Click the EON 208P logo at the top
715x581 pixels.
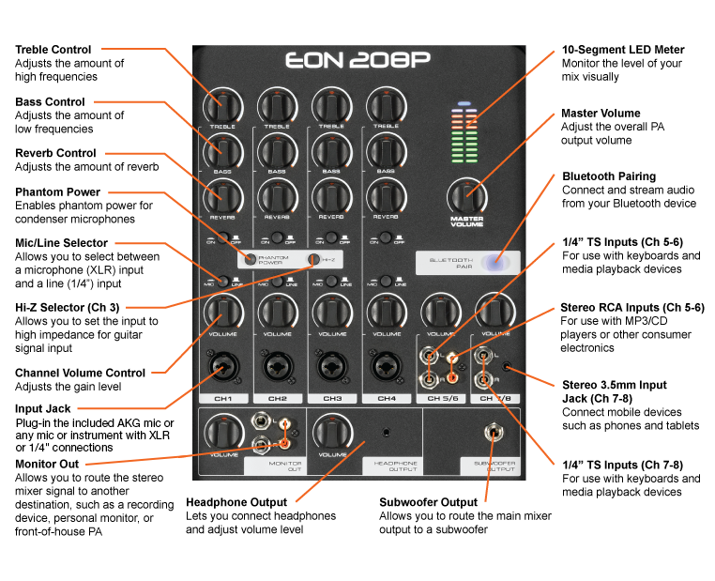click(357, 61)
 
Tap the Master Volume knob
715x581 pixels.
click(466, 196)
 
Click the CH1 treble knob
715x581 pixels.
click(222, 104)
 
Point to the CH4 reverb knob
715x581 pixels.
click(385, 195)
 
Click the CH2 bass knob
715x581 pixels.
click(277, 150)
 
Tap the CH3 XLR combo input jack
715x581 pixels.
click(331, 365)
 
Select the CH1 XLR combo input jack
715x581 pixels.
click(222, 365)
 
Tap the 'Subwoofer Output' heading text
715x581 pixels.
click(428, 502)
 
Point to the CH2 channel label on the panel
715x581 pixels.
click(277, 399)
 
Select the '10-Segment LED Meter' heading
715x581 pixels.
click(622, 50)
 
